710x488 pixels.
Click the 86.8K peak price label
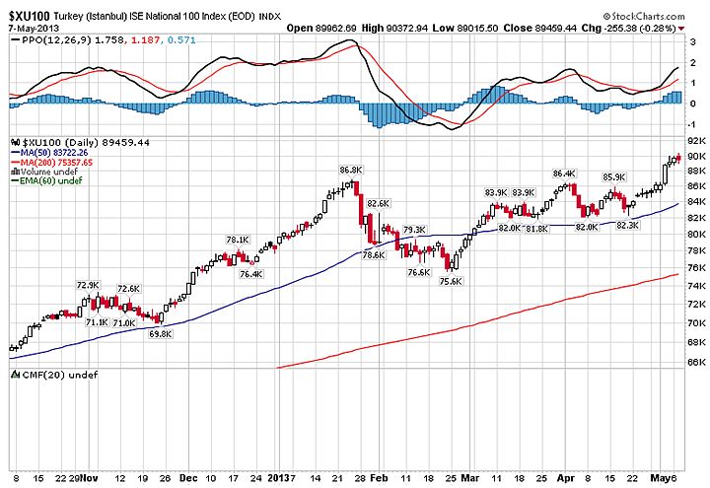click(x=350, y=171)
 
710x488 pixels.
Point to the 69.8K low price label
click(x=160, y=334)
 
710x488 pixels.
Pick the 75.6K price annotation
click(x=450, y=281)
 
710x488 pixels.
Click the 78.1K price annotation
click(x=238, y=240)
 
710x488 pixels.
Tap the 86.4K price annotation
click(x=564, y=174)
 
